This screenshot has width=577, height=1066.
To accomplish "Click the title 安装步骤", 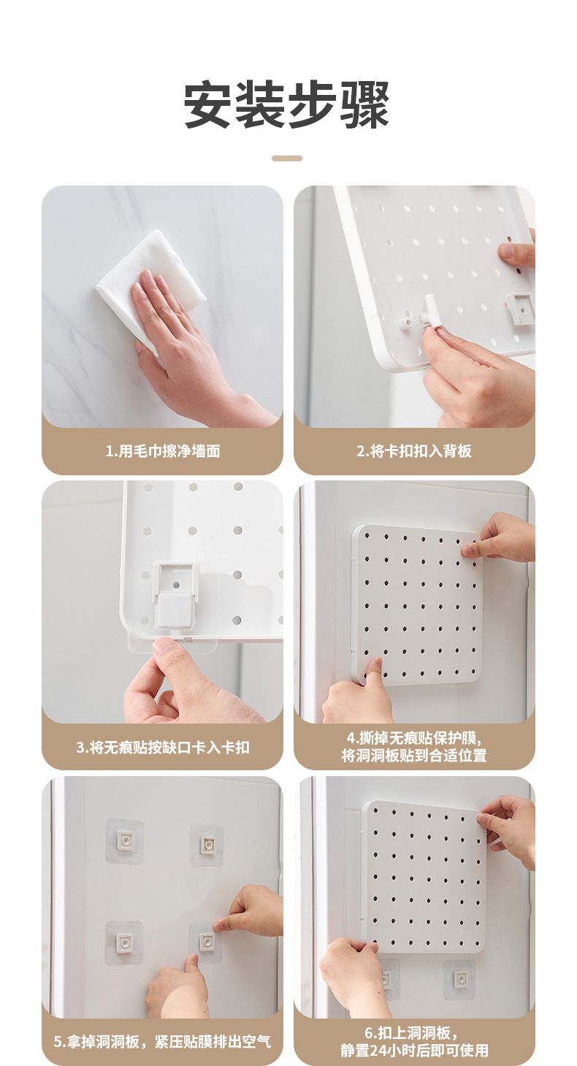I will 287,106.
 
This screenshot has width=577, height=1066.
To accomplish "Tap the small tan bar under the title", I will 287,158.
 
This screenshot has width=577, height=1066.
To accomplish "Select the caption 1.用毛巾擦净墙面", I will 162,450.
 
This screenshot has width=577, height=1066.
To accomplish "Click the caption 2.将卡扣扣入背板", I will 414,450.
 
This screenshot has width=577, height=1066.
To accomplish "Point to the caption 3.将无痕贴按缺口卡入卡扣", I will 162,747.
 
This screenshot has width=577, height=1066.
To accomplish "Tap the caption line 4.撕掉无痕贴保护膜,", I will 414,737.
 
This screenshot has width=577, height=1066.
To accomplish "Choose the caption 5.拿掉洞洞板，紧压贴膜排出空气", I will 162,1040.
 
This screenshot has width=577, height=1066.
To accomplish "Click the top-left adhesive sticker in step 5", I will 124,841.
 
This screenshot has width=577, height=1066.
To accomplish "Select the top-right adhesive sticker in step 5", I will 207,845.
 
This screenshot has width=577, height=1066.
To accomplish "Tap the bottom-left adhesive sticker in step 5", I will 123,943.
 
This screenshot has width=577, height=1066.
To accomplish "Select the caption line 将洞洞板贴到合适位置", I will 414,756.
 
